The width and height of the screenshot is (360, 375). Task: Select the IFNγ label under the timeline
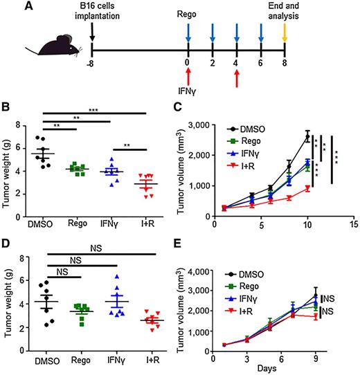click(188, 89)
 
